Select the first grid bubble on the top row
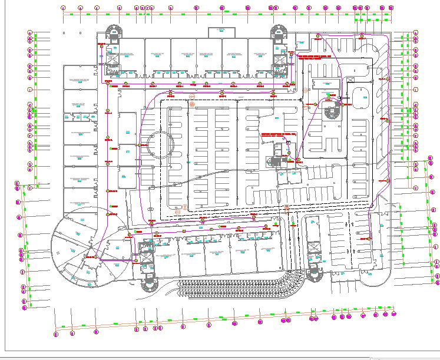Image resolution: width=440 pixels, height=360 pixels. coord(64,8)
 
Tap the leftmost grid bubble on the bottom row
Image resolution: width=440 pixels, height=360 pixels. coord(55,334)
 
